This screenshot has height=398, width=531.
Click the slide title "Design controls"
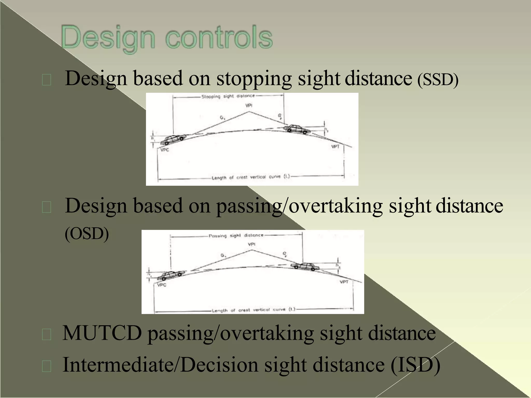tap(167, 38)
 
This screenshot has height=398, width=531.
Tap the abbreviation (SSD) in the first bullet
tap(438, 80)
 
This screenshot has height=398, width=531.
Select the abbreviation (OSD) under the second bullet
tap(87, 234)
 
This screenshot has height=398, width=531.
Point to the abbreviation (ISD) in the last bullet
tap(415, 365)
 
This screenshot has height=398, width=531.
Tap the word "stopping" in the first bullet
tap(254, 79)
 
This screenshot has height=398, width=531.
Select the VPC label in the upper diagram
tap(165, 150)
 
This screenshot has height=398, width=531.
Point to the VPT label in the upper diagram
tap(335, 147)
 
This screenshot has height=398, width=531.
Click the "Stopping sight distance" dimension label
tap(228, 96)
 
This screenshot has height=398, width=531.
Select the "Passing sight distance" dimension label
tap(236, 236)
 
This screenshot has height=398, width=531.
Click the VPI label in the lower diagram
tap(251, 244)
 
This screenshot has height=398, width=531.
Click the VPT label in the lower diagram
tap(344, 282)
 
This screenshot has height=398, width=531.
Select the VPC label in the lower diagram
tap(162, 285)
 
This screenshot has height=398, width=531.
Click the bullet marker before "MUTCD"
tap(47, 335)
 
